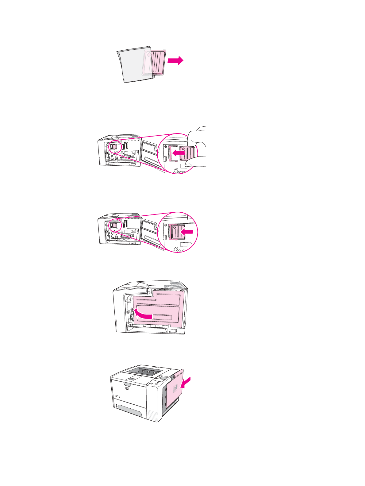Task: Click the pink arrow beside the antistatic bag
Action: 175,61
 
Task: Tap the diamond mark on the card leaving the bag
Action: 149,55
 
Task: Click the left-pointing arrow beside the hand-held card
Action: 178,152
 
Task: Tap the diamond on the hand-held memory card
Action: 183,148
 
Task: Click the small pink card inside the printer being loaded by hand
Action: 115,147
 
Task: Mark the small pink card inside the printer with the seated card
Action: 115,225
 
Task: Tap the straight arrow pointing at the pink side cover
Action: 186,382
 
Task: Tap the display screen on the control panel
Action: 163,378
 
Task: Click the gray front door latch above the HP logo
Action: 129,383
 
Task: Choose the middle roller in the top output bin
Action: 148,373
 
